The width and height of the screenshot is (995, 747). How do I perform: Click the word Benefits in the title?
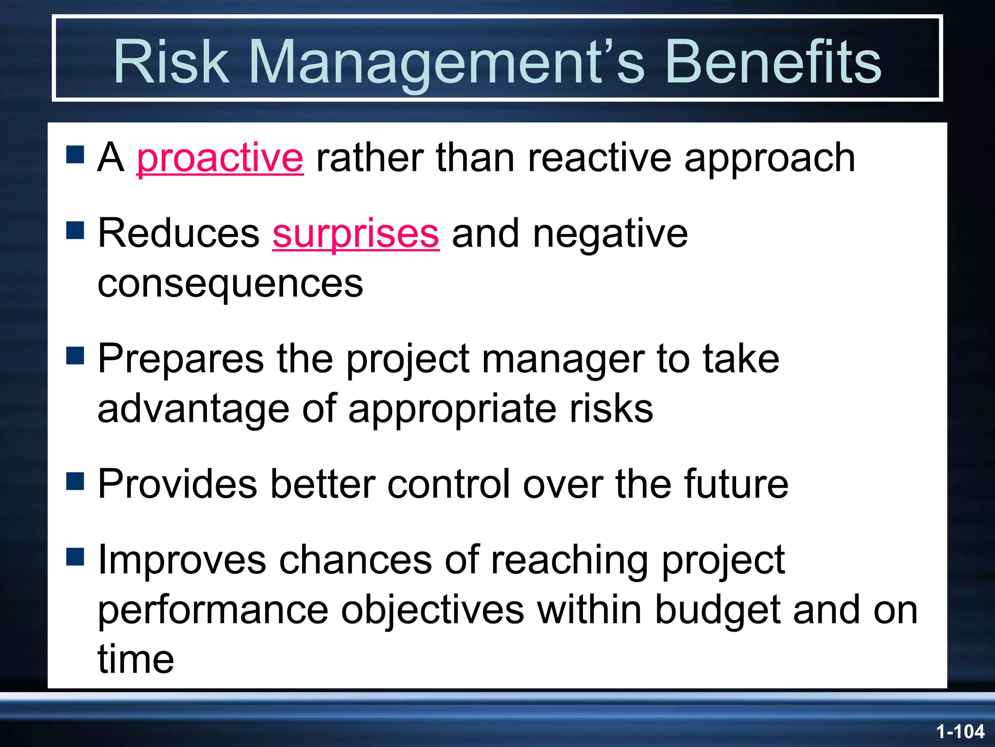(x=772, y=62)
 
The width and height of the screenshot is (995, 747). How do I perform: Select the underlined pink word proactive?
(x=220, y=158)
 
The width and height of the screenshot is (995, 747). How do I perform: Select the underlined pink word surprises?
(x=356, y=234)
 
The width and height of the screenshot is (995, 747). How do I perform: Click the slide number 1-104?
(x=960, y=731)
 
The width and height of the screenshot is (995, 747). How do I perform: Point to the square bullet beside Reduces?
(x=75, y=230)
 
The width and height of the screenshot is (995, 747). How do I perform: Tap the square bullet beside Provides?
(x=75, y=481)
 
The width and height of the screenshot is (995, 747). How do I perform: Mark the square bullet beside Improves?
(x=75, y=557)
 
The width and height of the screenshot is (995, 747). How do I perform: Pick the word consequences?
(x=230, y=284)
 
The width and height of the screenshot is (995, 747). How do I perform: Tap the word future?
(x=736, y=484)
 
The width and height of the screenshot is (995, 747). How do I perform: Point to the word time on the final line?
(x=136, y=659)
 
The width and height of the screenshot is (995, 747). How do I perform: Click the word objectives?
(x=432, y=610)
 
